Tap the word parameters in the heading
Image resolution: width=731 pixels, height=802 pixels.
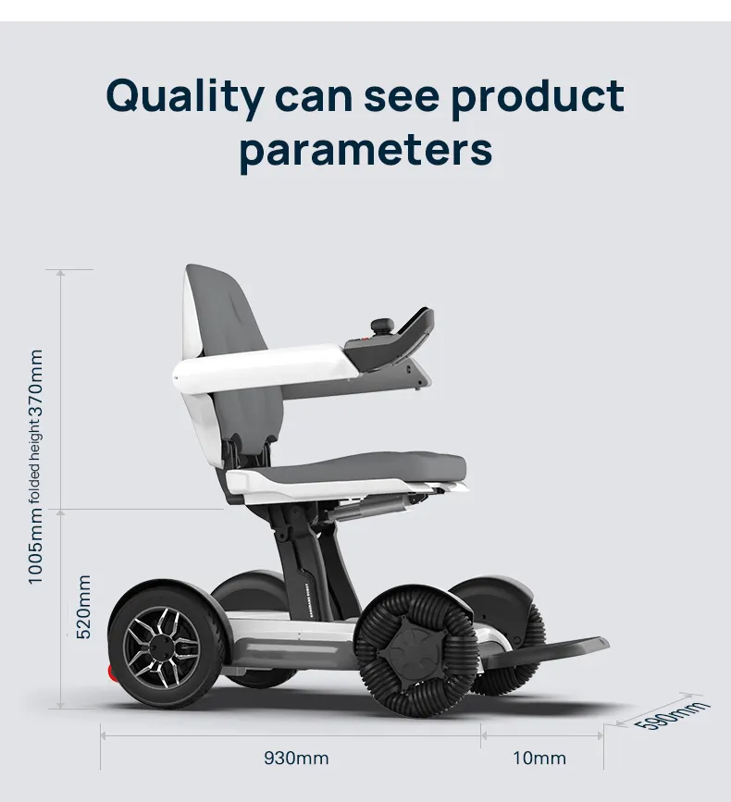365,152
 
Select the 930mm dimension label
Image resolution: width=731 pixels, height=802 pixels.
296,758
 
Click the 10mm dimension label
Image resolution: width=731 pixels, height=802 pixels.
539,758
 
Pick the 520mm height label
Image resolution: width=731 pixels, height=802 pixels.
83,607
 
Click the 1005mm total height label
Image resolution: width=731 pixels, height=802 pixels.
35,547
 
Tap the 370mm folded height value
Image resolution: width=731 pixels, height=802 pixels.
35,385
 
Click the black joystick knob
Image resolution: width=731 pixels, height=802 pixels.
383,325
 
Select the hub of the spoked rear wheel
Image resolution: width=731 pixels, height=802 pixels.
163,647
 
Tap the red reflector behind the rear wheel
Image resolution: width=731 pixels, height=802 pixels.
111,672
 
